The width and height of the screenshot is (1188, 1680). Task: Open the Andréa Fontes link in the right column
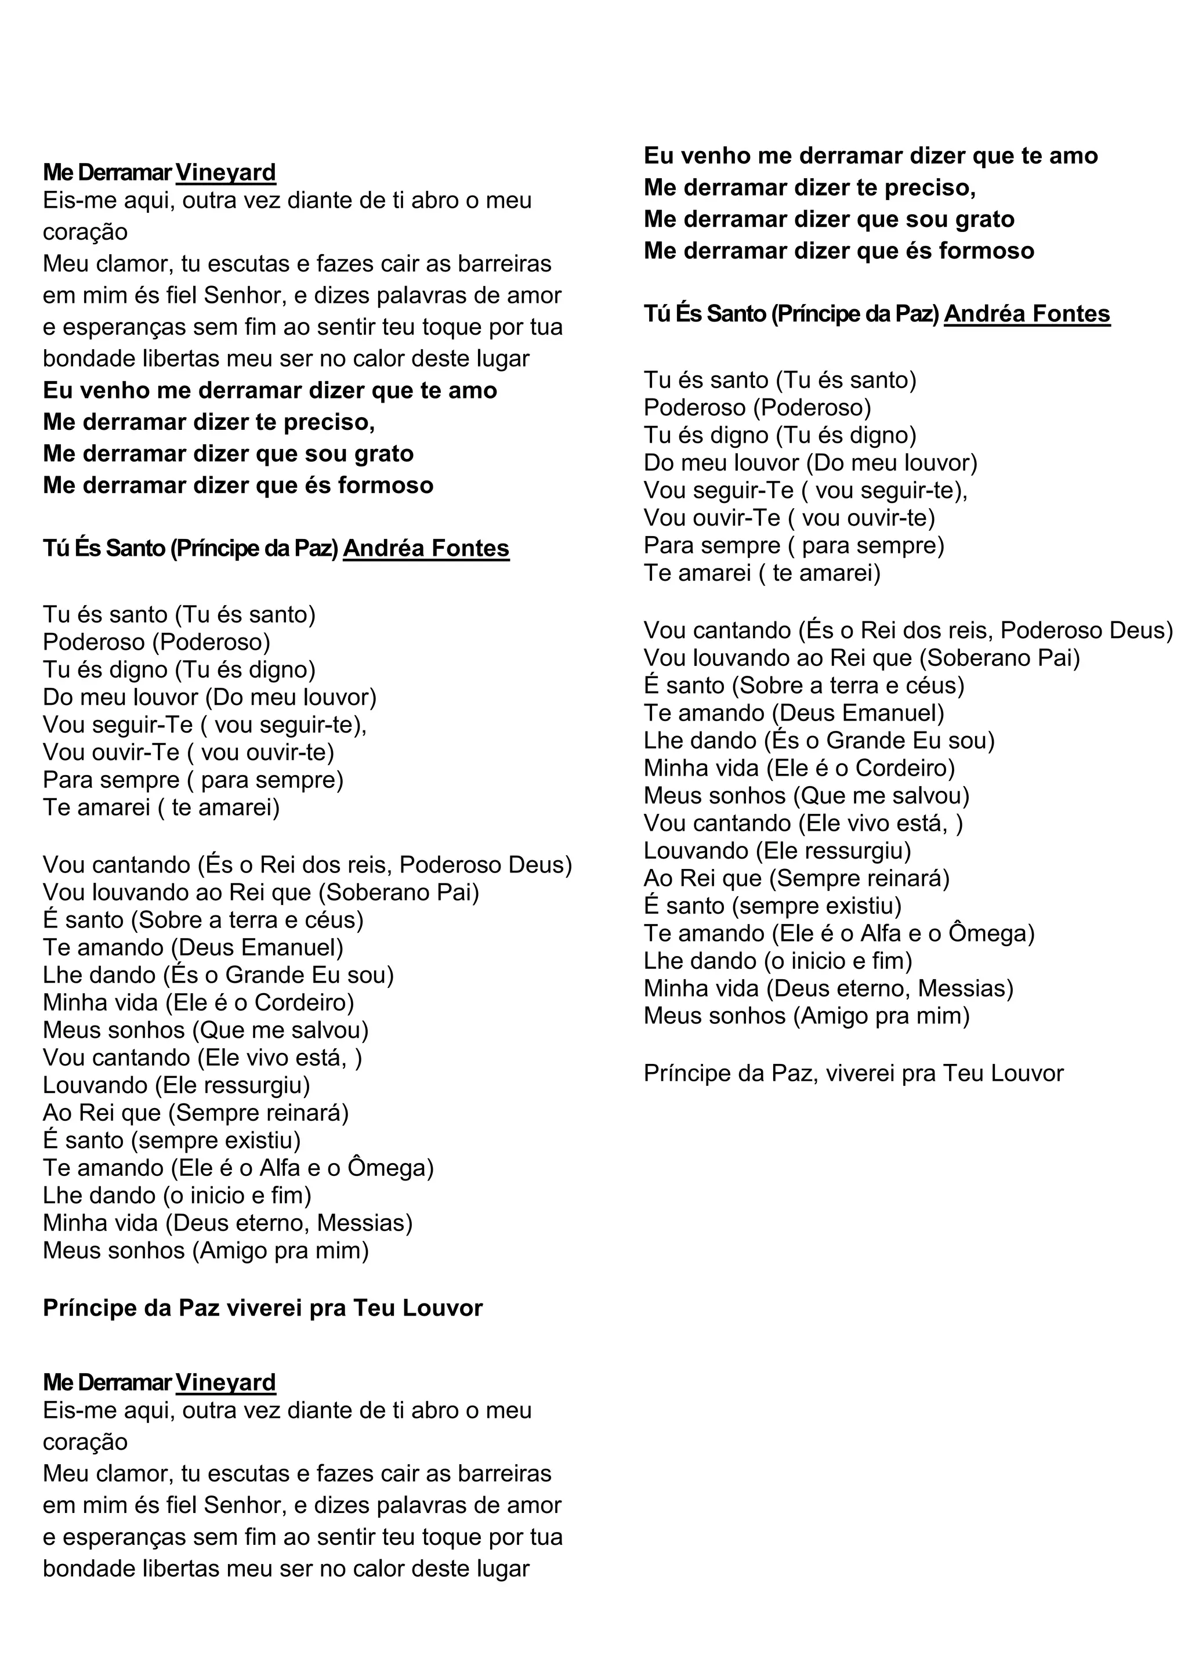tap(1027, 314)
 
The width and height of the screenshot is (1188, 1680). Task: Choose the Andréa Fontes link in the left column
tap(426, 548)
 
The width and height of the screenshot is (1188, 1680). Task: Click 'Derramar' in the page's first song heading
tap(124, 173)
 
